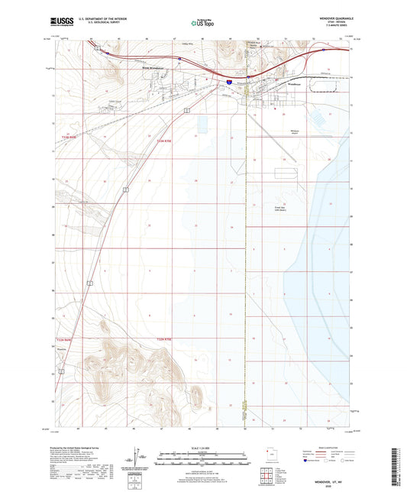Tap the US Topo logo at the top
click(x=202, y=23)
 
